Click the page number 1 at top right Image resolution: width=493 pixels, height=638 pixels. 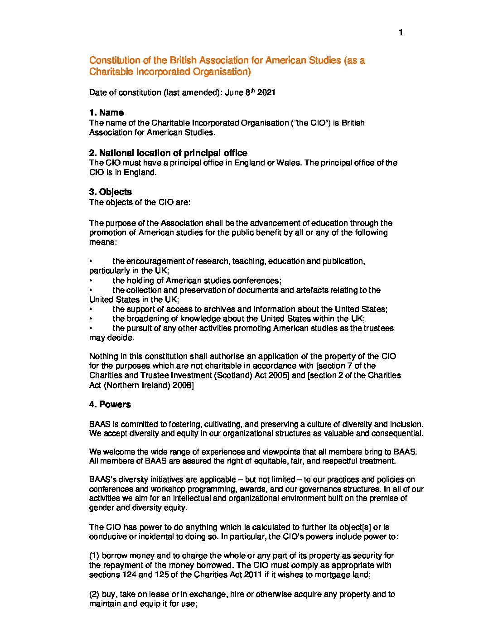pyautogui.click(x=401, y=33)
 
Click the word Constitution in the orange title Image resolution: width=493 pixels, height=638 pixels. pyautogui.click(x=115, y=60)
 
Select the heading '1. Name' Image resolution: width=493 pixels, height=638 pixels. pyautogui.click(x=106, y=113)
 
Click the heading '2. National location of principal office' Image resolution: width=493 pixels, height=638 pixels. pyautogui.click(x=168, y=153)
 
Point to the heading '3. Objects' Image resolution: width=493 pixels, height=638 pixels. pyautogui.click(x=111, y=192)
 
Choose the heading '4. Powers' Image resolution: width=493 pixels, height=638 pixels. pyautogui.click(x=110, y=404)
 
